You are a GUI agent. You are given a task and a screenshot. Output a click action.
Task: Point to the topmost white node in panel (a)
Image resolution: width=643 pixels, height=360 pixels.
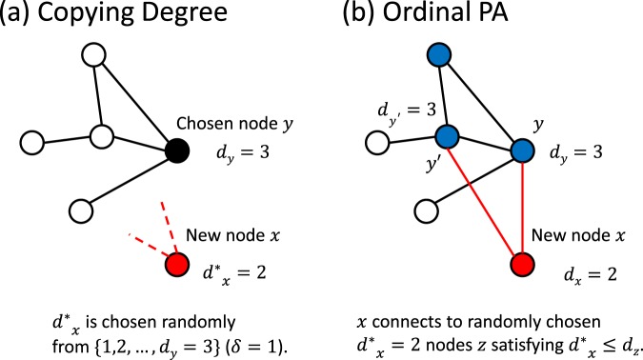click(94, 55)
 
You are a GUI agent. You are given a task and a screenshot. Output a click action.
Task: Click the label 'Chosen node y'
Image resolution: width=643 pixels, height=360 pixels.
click(236, 125)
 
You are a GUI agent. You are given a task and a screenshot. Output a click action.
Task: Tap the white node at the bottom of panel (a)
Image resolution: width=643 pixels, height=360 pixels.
click(82, 208)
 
